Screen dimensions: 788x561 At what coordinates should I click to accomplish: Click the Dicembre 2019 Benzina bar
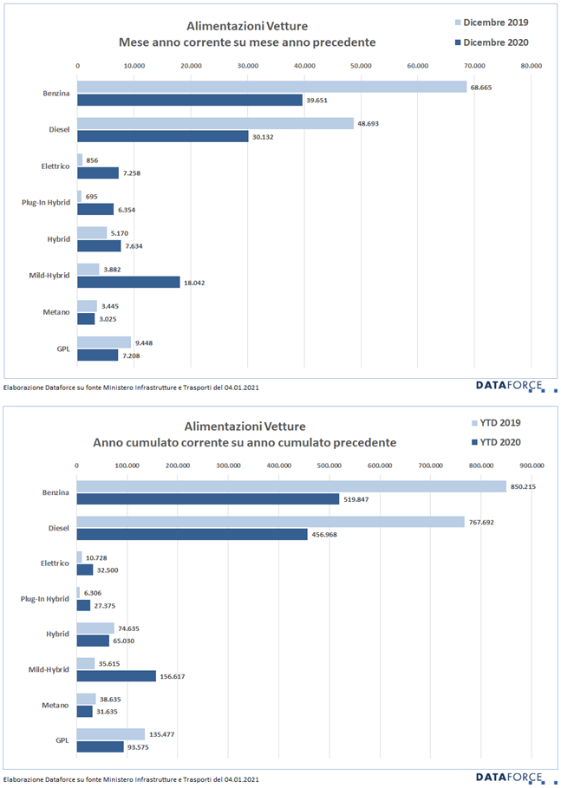[x=271, y=87]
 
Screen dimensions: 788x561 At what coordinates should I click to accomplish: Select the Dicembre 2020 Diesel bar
[x=162, y=136]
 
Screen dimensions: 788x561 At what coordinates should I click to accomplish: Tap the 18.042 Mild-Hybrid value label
[x=197, y=283]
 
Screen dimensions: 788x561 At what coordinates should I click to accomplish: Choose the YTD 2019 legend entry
[x=506, y=423]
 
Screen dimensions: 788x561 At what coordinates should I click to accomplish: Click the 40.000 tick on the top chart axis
[x=304, y=65]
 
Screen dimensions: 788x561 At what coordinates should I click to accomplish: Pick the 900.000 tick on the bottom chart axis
[x=531, y=466]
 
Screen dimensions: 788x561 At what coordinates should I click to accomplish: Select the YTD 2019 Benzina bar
[x=291, y=486]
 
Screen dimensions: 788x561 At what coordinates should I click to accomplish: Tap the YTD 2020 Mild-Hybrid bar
[x=116, y=676]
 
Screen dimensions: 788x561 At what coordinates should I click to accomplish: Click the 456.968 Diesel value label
[x=325, y=535]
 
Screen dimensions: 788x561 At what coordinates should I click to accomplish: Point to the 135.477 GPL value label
[x=164, y=734]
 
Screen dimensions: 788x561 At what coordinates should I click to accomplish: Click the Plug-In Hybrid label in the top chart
[x=45, y=202]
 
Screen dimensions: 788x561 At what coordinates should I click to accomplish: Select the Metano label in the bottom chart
[x=55, y=705]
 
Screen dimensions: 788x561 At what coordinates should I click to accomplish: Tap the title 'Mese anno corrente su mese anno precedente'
[x=247, y=42]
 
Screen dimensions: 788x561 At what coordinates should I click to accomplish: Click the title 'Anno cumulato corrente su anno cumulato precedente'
[x=245, y=442]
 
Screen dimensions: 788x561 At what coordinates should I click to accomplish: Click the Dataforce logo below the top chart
[x=515, y=385]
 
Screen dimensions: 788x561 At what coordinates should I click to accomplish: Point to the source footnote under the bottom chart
[x=130, y=779]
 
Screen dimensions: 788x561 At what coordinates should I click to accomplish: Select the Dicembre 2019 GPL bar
[x=104, y=342]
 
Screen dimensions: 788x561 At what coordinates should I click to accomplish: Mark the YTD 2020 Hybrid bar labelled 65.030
[x=93, y=641]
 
